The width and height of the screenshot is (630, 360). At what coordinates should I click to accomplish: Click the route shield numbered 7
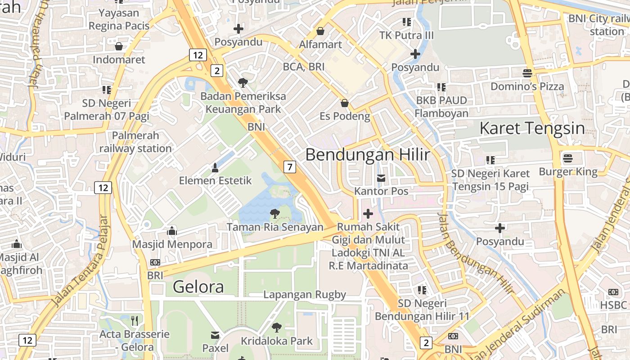tap(290, 167)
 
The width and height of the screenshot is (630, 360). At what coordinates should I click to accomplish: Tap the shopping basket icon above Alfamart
tap(320, 31)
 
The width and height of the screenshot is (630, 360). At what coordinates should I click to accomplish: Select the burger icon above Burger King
tap(568, 158)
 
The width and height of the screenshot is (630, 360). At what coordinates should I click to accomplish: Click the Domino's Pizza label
tap(527, 86)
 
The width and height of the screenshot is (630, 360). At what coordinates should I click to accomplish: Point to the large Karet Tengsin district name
tap(532, 128)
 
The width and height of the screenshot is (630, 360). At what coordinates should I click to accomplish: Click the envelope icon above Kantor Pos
tap(381, 178)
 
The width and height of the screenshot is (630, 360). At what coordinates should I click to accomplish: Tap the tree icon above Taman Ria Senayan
tap(274, 213)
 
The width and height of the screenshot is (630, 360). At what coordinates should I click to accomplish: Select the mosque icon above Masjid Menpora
tap(172, 231)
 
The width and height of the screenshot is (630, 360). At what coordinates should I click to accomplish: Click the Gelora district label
tap(198, 287)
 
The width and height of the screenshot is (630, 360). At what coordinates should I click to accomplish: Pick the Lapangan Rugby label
tap(305, 295)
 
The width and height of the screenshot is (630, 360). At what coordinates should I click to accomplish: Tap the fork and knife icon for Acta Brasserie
tap(135, 320)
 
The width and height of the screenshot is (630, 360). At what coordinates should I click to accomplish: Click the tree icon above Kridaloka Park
tap(277, 327)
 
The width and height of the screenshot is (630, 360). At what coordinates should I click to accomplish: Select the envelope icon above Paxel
tap(215, 335)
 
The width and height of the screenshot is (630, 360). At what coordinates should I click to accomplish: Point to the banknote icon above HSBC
tap(613, 292)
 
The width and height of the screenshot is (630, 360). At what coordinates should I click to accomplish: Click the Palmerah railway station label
tap(135, 142)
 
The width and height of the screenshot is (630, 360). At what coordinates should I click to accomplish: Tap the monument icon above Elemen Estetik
tap(215, 168)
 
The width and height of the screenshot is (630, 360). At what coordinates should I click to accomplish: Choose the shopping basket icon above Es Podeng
tap(345, 103)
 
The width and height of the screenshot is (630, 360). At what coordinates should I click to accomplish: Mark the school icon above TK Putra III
tap(407, 22)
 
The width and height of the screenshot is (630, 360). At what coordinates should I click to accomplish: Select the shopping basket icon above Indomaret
tap(119, 46)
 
